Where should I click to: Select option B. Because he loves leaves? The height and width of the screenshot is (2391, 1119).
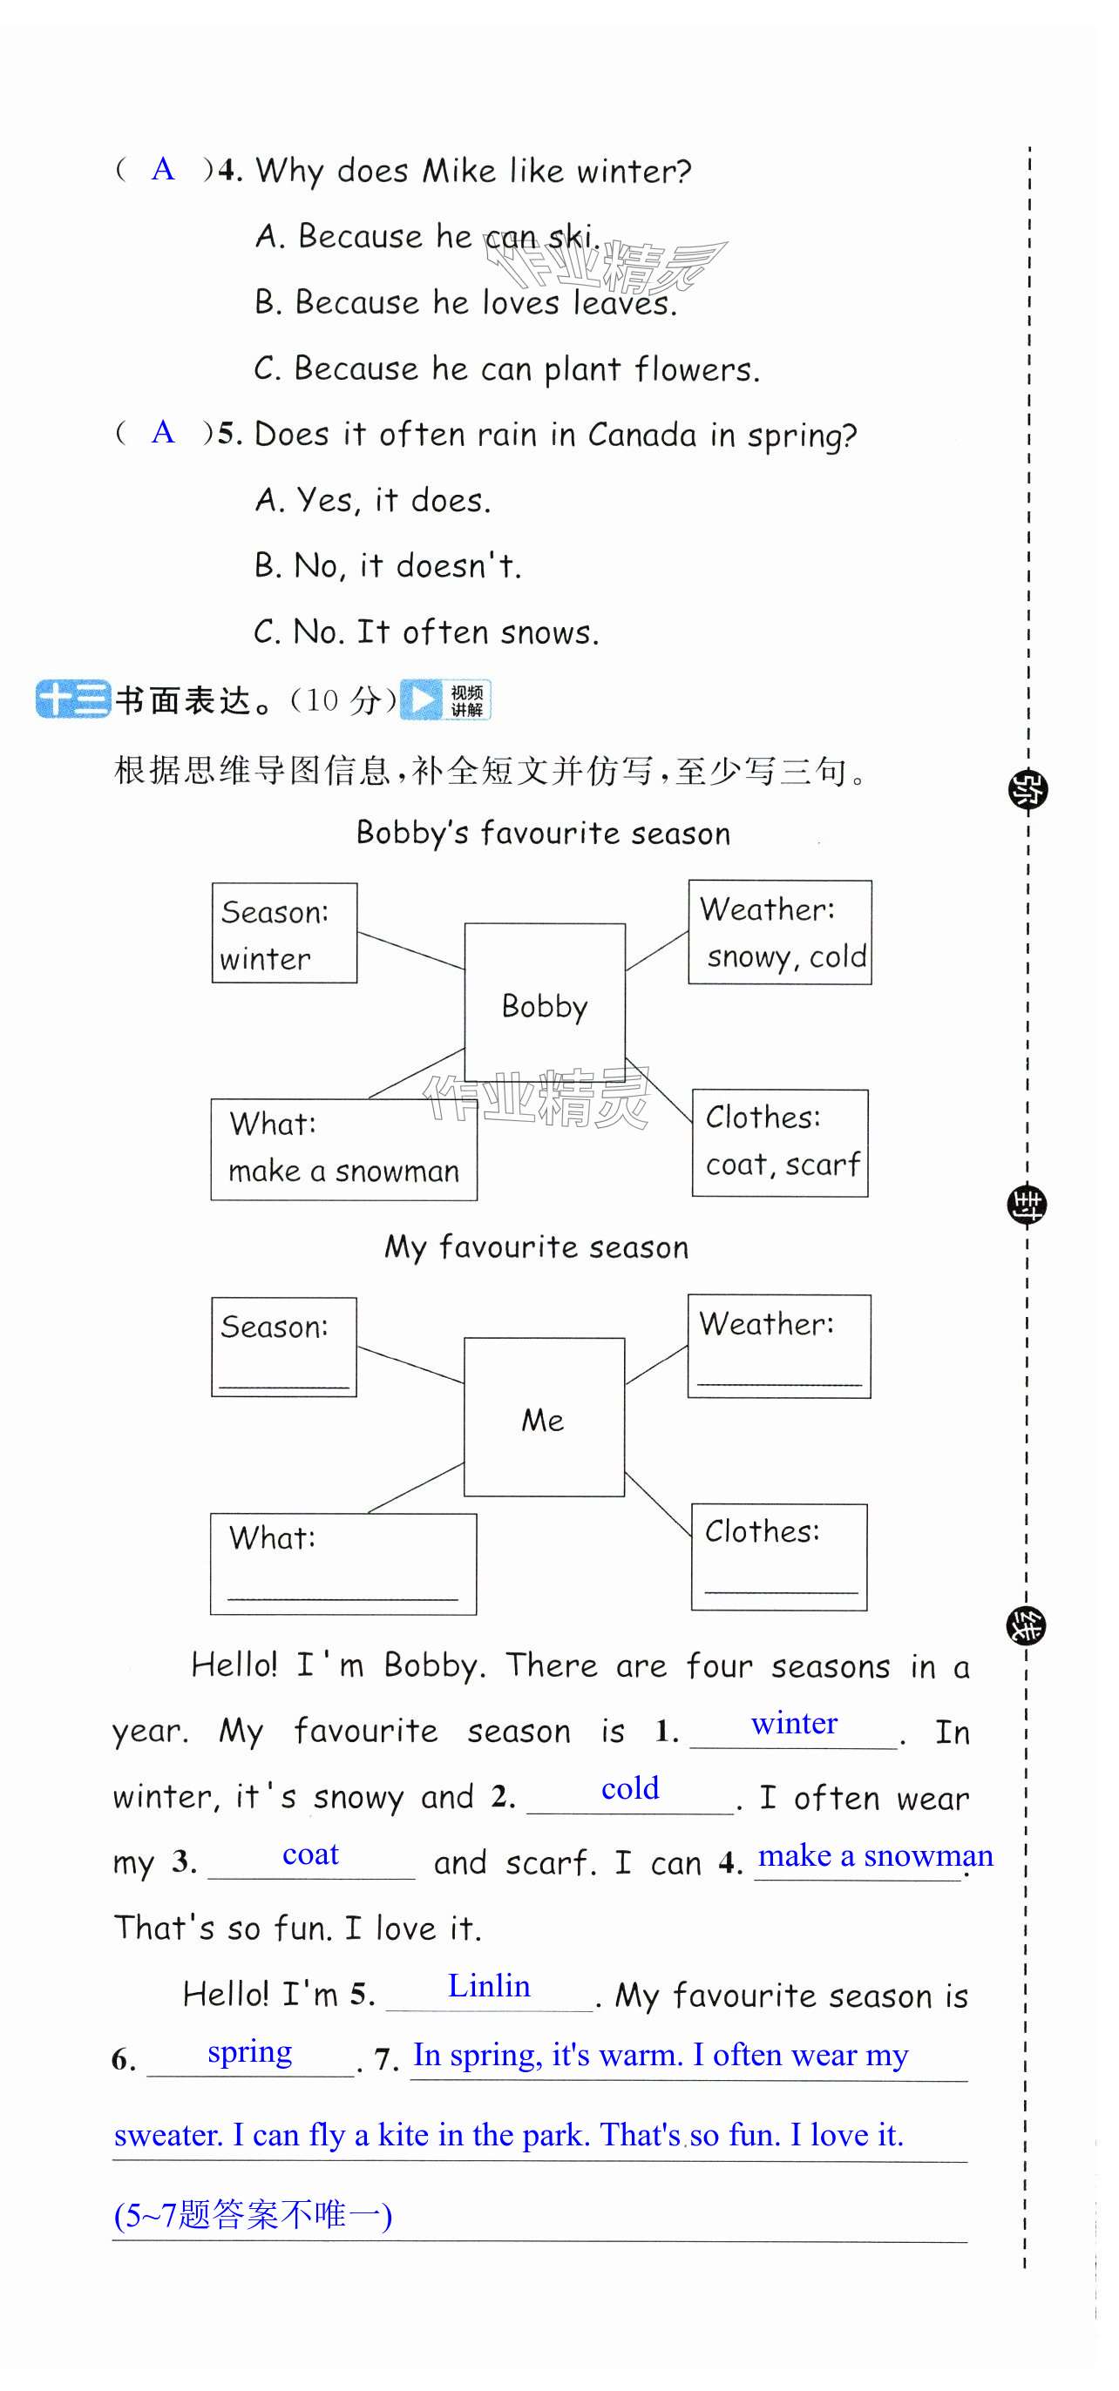pyautogui.click(x=465, y=303)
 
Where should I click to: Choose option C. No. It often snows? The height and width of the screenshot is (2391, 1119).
pyautogui.click(x=426, y=632)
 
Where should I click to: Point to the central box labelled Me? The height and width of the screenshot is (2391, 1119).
pyautogui.click(x=543, y=1416)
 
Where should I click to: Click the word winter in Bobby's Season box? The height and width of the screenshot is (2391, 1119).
pyautogui.click(x=266, y=959)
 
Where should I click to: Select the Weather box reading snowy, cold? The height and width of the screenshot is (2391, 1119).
pyautogui.click(x=779, y=932)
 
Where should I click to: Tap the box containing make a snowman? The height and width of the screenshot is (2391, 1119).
pyautogui.click(x=343, y=1149)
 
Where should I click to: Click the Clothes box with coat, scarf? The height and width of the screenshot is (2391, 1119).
pyautogui.click(x=780, y=1143)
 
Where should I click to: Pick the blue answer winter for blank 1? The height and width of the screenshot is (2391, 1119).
pyautogui.click(x=794, y=1724)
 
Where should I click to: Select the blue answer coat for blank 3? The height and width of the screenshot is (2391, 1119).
pyautogui.click(x=310, y=1854)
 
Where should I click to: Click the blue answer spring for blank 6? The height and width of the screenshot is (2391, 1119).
pyautogui.click(x=250, y=2051)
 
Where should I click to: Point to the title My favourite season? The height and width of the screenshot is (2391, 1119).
pyautogui.click(x=537, y=1246)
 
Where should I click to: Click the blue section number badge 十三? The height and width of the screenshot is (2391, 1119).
pyautogui.click(x=72, y=699)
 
